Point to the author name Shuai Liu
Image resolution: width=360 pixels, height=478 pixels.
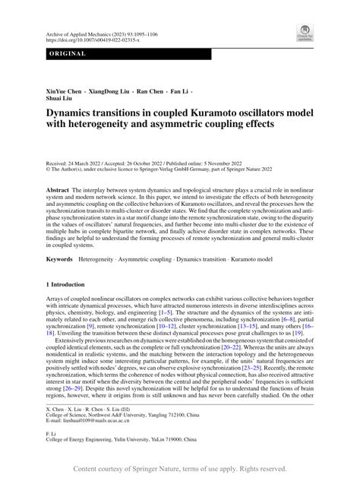62,100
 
